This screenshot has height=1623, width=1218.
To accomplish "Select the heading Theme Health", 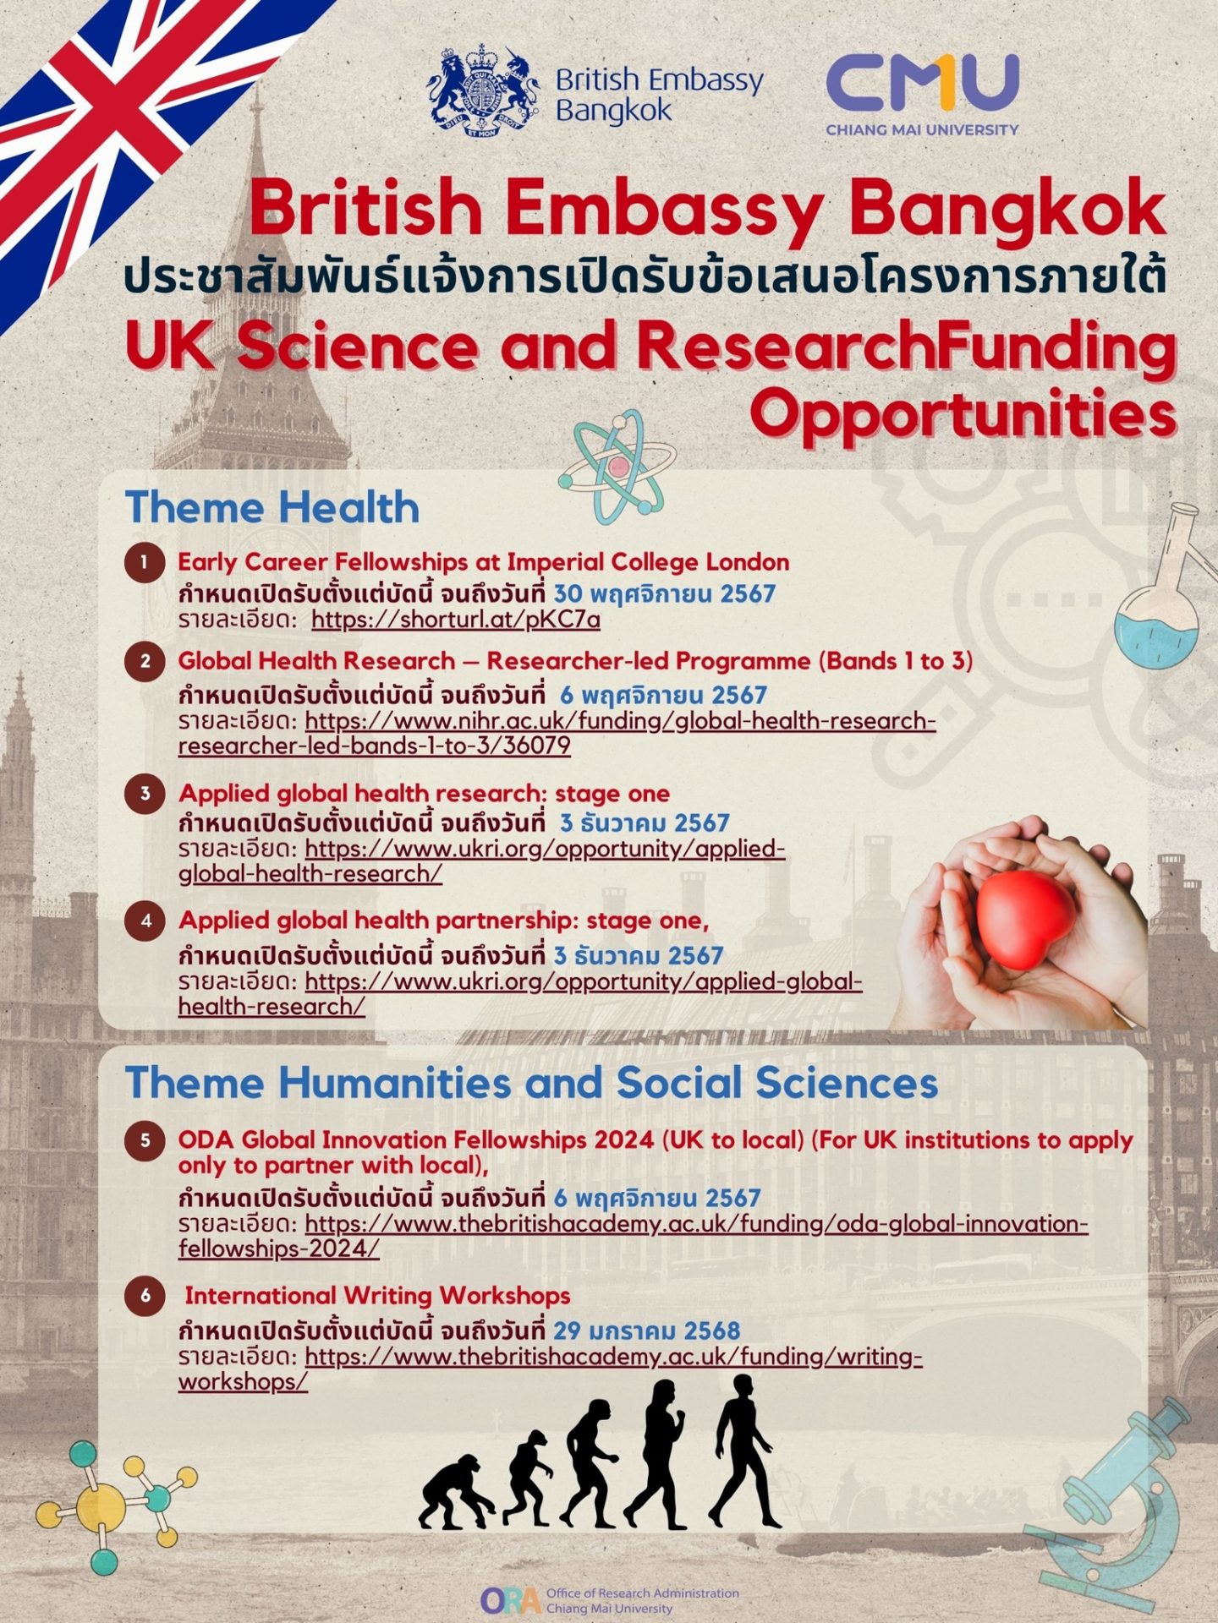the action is [272, 507].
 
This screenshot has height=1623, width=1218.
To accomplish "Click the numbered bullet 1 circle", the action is [145, 563].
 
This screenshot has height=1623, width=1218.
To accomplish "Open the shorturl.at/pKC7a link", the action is [456, 620].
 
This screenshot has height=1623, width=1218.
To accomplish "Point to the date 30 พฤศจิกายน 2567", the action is [665, 593].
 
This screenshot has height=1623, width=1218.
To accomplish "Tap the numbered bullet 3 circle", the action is [145, 794].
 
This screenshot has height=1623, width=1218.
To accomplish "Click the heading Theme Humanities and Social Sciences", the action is [531, 1083].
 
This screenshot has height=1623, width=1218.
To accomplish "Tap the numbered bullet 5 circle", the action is [145, 1140].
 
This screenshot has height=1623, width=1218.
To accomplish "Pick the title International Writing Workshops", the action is [377, 1296].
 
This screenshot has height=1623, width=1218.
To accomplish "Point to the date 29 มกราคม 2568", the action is [647, 1331].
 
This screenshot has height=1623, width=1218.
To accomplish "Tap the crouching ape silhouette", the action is [457, 1496].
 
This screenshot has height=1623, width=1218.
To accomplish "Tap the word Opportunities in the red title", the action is [963, 413].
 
